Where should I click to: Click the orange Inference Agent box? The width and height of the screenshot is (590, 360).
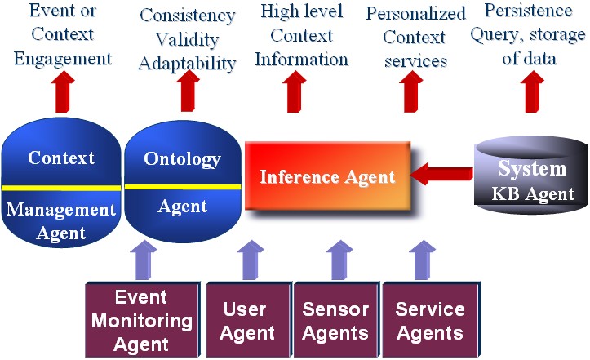(327, 176)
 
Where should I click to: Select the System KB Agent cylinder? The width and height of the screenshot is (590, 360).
(531, 175)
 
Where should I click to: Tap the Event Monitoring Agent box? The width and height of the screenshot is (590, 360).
(142, 320)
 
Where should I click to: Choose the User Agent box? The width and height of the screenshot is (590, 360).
(248, 320)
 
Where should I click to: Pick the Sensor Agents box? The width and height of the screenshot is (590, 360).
(336, 320)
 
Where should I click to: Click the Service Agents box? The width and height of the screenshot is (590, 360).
(431, 320)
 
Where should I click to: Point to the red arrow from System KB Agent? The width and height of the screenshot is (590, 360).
(441, 174)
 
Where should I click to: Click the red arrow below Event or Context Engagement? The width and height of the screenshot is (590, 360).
(63, 91)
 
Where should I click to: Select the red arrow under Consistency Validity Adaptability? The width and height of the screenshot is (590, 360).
(188, 91)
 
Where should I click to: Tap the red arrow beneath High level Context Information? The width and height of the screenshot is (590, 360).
(295, 91)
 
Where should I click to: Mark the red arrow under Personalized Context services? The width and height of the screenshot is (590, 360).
(411, 91)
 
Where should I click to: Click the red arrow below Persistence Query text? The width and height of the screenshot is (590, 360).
(532, 91)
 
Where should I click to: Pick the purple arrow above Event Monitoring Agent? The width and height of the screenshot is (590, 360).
(144, 260)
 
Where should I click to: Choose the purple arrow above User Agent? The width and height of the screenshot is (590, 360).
(251, 260)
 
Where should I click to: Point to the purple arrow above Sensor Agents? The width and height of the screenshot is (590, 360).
(339, 260)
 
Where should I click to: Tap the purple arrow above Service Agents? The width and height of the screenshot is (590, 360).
(422, 260)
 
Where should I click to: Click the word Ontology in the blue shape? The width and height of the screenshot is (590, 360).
(183, 160)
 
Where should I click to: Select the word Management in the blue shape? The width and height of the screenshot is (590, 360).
(61, 209)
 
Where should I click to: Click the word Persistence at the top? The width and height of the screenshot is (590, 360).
(528, 11)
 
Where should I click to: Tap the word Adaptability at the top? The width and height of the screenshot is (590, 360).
(187, 64)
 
